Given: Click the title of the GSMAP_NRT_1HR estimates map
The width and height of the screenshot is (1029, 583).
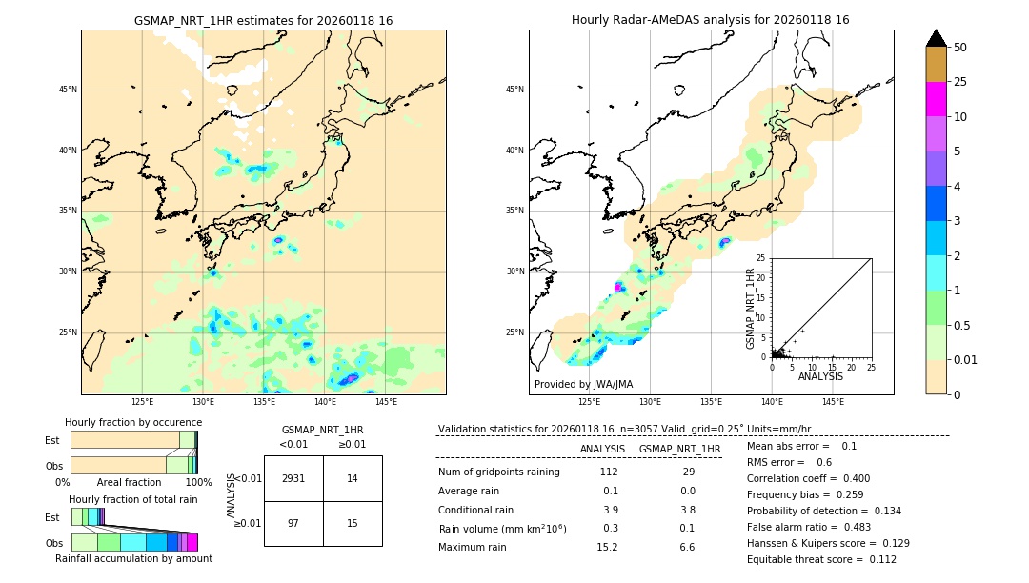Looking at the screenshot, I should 263,20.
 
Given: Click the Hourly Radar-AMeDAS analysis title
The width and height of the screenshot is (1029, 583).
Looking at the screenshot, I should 711,20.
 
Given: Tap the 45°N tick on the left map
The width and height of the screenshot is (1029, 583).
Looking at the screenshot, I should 68,90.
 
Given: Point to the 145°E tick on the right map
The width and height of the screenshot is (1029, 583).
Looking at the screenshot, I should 833,402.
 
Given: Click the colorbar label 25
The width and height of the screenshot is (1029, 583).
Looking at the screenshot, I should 960,82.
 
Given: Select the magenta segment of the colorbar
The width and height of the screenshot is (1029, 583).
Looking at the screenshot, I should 936,99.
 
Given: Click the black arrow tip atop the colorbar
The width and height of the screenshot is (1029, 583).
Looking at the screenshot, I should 936,37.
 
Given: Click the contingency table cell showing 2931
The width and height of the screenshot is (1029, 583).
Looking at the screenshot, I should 293,478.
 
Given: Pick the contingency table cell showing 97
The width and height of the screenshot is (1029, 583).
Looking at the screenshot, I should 293,523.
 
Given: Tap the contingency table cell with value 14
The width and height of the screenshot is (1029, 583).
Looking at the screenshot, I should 353,478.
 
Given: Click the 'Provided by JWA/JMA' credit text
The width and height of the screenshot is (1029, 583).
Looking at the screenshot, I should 583,385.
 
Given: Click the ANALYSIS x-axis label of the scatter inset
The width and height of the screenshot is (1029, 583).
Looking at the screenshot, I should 820,376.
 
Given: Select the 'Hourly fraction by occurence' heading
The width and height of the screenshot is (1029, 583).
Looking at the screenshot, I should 133,422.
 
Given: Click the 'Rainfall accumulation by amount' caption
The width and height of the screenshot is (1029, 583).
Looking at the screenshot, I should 133,558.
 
